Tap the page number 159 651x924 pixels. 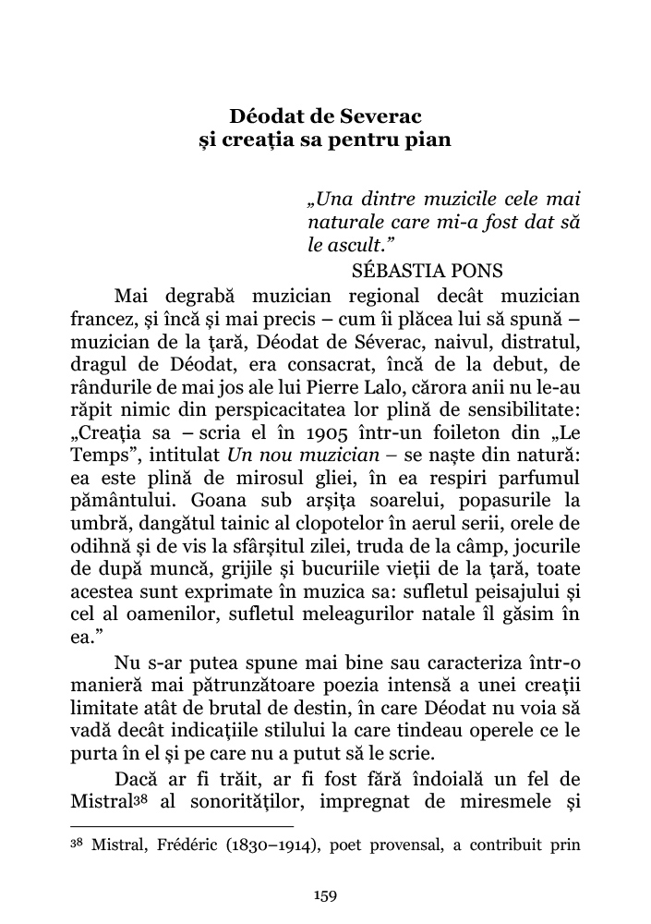(325, 894)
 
